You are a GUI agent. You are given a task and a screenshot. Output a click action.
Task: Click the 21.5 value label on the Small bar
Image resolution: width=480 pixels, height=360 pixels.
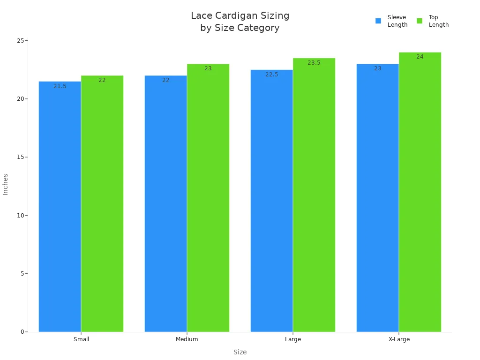60,86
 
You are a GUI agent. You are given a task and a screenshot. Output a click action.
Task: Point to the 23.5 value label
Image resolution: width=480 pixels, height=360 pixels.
314,63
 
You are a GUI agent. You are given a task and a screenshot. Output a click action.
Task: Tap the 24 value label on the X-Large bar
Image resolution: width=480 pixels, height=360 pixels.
420,57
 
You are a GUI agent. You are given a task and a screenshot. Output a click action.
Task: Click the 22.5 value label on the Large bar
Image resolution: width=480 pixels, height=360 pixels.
272,75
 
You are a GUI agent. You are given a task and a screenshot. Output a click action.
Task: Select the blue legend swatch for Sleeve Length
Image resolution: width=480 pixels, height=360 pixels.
378,21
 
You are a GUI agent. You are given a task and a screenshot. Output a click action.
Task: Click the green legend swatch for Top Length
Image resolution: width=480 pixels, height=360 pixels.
420,21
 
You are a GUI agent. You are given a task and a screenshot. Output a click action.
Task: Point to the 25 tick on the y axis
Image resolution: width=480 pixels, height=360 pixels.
21,41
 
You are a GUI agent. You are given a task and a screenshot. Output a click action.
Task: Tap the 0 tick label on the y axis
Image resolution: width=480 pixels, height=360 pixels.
22,332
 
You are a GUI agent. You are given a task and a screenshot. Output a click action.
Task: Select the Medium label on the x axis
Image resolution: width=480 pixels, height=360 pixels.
187,339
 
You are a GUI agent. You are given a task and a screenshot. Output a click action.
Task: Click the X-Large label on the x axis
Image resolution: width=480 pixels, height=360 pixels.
399,339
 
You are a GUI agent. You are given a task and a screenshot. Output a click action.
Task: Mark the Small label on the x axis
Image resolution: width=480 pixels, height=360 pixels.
81,339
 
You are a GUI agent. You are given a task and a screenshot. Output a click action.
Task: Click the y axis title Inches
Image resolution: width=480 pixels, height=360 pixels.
6,184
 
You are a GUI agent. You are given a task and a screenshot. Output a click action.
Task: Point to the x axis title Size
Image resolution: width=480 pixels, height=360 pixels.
240,352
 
